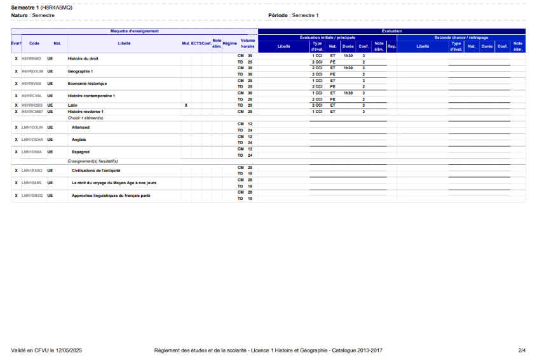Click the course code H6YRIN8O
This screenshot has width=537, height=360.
pos(31,59)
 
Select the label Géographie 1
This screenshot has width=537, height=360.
pos(80,71)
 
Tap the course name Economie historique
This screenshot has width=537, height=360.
pos(87,84)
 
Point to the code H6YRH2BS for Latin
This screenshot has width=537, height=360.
pos(32,105)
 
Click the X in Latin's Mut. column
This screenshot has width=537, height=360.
pos(186,105)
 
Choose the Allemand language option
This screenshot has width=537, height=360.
pos(81,127)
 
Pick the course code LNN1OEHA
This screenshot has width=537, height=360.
pos(32,140)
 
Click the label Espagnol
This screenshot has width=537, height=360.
pos(81,152)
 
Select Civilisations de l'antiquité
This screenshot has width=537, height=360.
pos(96,171)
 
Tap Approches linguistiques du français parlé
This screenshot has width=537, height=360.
pos(111,196)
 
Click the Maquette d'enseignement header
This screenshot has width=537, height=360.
pos(134,31)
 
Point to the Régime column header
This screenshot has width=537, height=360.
pos(229,43)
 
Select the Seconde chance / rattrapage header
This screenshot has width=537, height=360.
pos(461,37)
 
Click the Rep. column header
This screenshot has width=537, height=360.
pos(391,46)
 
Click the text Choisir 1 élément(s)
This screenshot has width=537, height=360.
pos(85,118)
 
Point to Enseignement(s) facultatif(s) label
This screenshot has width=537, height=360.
pos(93,161)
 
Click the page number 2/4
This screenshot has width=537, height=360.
pos(522,350)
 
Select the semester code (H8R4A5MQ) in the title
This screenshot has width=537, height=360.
pos(56,7)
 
